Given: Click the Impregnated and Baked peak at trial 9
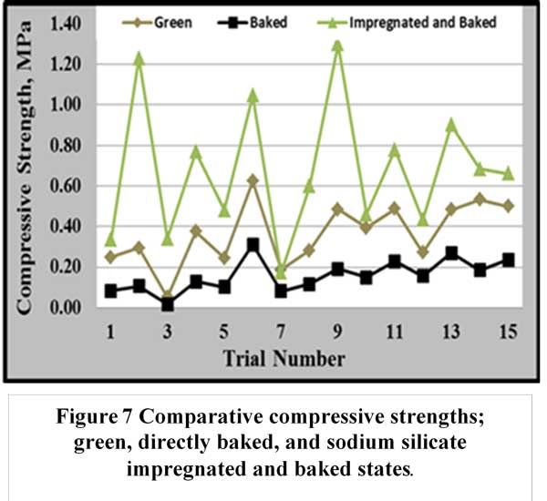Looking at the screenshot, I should coord(337,44).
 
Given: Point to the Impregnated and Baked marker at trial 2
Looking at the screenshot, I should coord(139,57).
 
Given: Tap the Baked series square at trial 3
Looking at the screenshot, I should coord(168,304).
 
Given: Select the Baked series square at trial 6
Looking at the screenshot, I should coord(253,245).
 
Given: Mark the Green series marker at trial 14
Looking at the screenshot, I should coord(479,199).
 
